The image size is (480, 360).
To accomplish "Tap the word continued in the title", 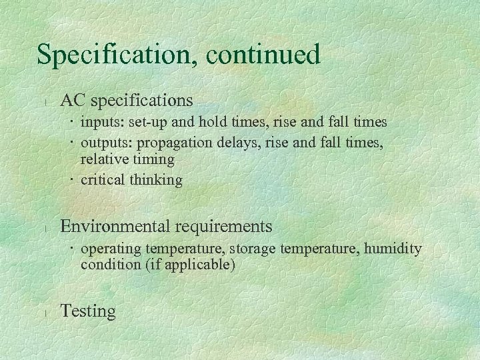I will pos(263,54).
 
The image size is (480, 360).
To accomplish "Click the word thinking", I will pos(156,180).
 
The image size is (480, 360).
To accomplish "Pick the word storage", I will pos(255,249).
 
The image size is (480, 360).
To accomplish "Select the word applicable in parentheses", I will pos(200,265).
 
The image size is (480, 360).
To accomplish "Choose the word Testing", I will pos(87,311).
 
